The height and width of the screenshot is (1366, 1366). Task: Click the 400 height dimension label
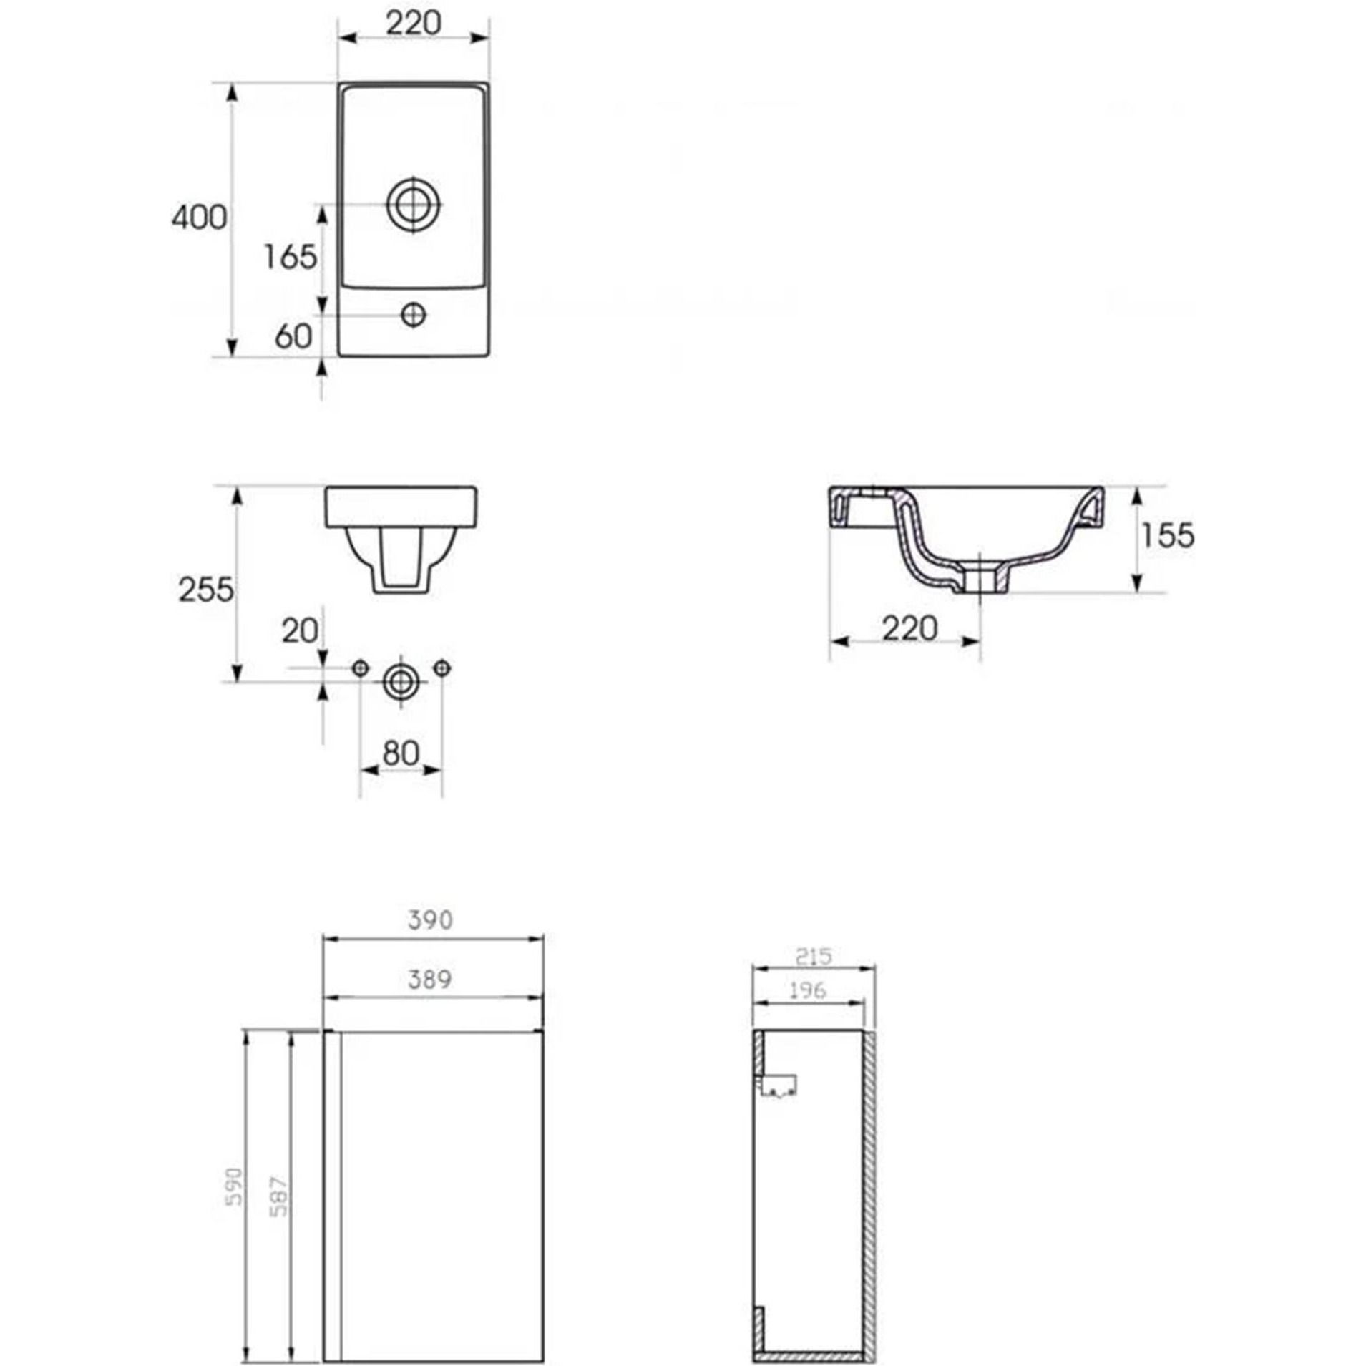199,217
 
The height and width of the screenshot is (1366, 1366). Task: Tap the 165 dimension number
290,257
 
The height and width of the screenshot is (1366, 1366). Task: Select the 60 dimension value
293,336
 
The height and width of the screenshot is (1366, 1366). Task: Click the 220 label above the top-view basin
414,24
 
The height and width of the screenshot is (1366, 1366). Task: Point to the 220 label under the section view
909,629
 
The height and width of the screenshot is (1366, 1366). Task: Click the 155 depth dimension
1168,535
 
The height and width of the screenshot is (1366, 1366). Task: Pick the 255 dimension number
206,590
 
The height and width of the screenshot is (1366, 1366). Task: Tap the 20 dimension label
300,630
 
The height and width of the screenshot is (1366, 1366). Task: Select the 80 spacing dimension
401,753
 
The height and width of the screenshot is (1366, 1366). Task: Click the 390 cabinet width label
430,919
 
